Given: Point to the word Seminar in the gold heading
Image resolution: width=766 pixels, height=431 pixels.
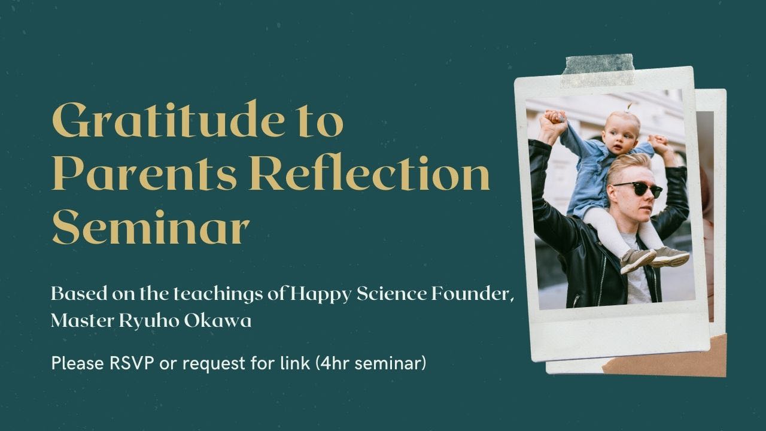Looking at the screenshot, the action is pos(150,227).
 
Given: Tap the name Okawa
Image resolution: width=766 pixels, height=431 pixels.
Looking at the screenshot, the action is pos(218,321).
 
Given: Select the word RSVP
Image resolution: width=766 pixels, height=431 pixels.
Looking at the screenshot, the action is pos(132,363).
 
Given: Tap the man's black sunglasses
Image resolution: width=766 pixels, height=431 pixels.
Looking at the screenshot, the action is pos(638,189).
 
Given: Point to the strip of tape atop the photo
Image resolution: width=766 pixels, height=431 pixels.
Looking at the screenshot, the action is pos(598,71).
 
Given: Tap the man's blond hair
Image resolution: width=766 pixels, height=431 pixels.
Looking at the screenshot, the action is pos(628,167).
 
